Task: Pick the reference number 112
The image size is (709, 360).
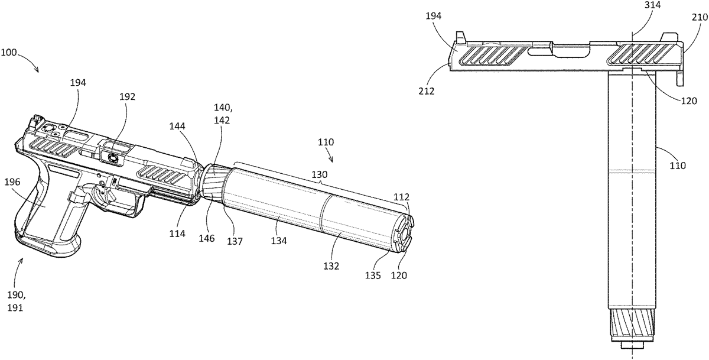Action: pos(402,197)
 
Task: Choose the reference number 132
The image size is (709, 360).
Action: pos(331,267)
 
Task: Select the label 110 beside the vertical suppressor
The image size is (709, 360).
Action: pos(678,166)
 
